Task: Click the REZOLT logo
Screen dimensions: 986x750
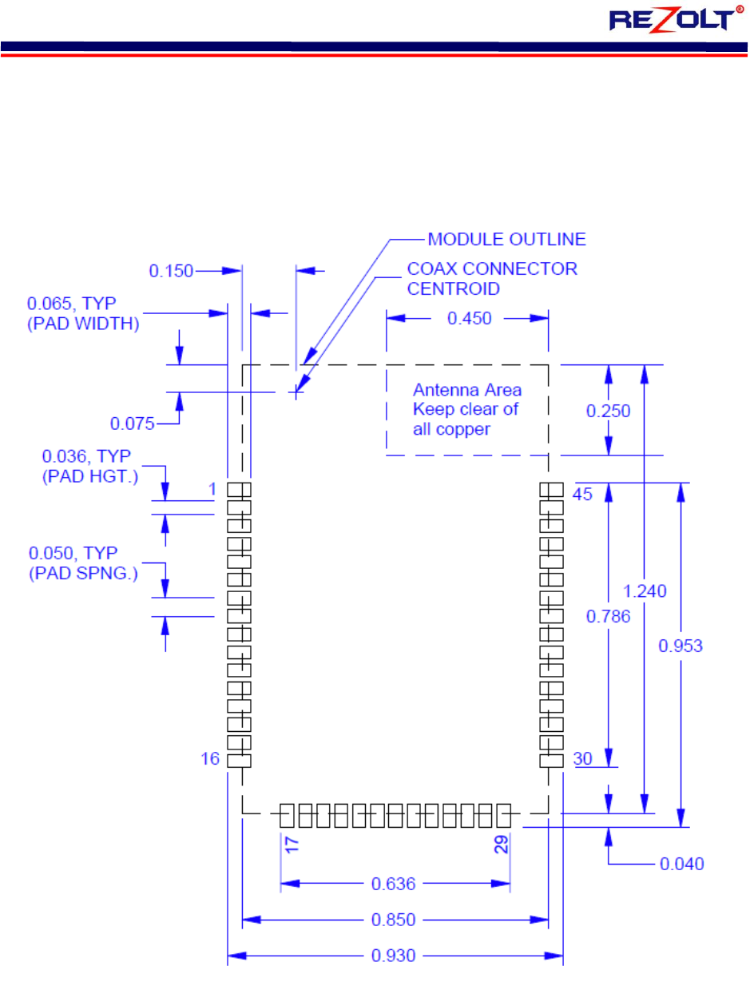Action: point(681,19)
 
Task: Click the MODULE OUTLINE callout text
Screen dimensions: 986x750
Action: point(506,239)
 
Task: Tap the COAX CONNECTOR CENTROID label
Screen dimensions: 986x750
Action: point(492,278)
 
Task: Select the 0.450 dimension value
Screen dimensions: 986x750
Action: point(469,318)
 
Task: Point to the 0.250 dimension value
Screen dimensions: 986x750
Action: point(608,411)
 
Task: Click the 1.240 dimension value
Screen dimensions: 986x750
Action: point(645,590)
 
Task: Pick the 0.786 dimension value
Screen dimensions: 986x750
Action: point(608,616)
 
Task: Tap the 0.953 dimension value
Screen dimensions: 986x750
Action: point(681,646)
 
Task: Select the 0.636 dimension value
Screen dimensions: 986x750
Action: point(395,884)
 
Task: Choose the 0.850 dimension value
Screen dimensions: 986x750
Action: point(395,920)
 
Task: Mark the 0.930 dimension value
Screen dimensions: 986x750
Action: point(395,955)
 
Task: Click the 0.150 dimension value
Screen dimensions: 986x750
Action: point(171,271)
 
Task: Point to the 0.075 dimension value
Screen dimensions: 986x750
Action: point(133,422)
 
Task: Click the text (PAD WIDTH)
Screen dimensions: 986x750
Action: point(83,324)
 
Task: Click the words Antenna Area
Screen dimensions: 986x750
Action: point(466,391)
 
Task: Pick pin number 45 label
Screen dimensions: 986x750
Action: point(582,495)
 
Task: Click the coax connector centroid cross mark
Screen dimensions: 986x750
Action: point(296,392)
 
